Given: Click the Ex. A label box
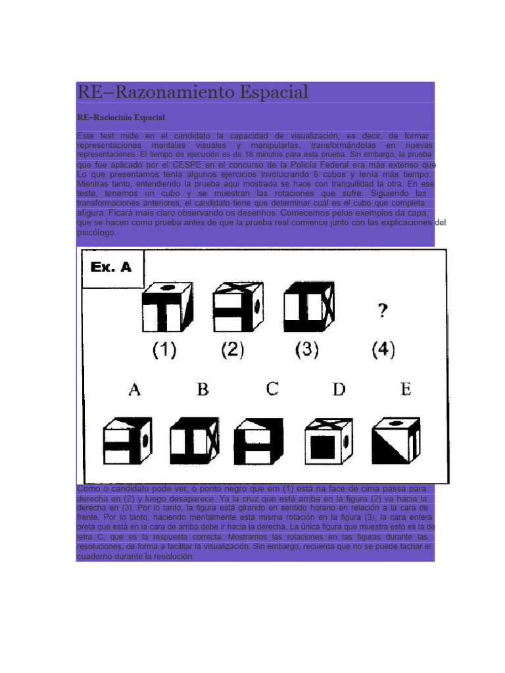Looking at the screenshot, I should [x=112, y=268].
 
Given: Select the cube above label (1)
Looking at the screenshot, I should [x=168, y=306].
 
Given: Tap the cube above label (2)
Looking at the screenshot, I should [x=238, y=306].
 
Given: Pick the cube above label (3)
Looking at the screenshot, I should [x=308, y=306].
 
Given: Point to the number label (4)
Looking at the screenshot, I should [x=383, y=349].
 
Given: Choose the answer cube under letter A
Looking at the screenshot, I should [x=128, y=441].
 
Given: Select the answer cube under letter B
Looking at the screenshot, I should [x=195, y=441].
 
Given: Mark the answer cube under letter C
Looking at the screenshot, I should [x=259, y=441].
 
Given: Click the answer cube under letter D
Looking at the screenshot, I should [x=329, y=441].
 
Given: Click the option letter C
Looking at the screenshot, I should [x=272, y=388].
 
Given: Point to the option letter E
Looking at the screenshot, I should [x=406, y=389].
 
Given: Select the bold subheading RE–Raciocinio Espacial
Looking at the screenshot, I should [x=121, y=118].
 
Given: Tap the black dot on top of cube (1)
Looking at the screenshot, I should [x=168, y=287].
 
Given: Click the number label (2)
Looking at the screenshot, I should [x=232, y=349].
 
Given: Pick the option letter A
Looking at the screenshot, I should [x=134, y=390].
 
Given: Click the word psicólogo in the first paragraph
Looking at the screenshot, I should [x=96, y=233].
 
